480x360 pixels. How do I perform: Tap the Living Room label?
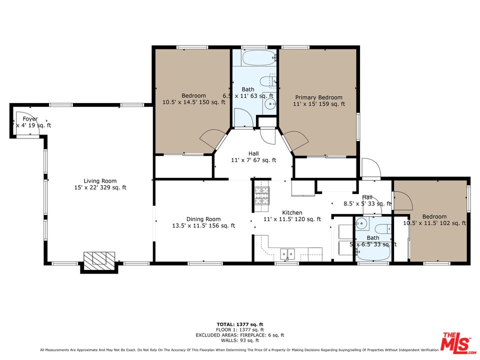[x=100, y=184]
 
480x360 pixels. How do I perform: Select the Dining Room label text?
[x=203, y=222]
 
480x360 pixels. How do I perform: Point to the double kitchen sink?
[x=288, y=254]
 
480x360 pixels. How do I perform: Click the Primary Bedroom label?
[x=318, y=101]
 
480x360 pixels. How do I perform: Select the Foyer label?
[x=30, y=122]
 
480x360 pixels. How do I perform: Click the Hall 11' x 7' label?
[x=253, y=157]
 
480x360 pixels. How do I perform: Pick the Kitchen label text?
[x=292, y=216]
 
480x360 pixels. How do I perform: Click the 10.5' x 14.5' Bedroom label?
[x=193, y=99]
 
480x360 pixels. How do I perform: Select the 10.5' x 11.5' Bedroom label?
[x=434, y=220]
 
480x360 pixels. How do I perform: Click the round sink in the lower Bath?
[x=362, y=223]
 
